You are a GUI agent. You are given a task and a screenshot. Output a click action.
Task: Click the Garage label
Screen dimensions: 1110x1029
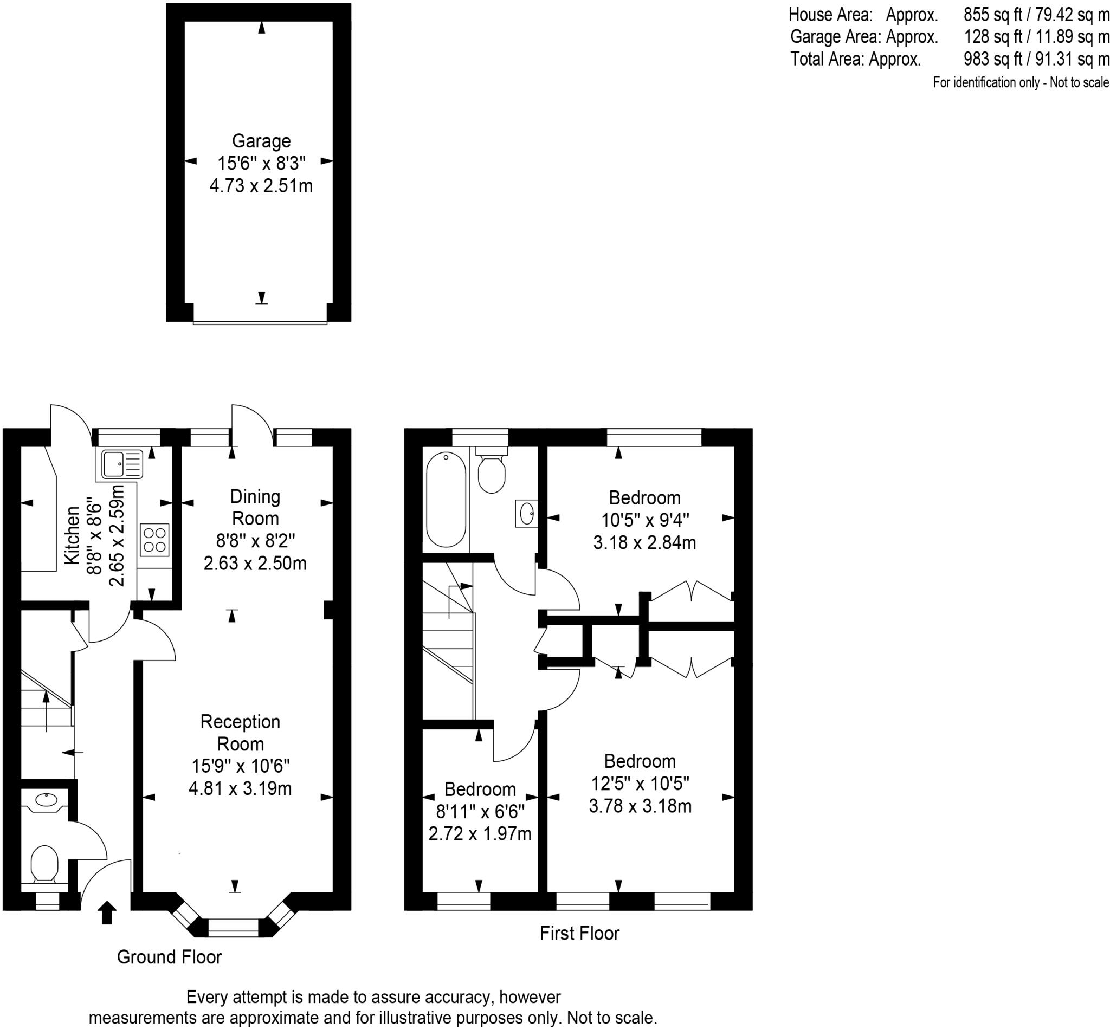(261, 141)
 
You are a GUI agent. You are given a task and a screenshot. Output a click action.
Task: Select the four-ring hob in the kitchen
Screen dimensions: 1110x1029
(154, 540)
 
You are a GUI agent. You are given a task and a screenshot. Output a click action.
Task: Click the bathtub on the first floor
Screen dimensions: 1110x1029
(446, 499)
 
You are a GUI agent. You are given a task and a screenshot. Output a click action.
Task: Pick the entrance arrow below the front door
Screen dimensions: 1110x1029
(107, 913)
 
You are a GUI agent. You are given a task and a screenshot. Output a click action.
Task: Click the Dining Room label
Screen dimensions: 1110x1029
(255, 507)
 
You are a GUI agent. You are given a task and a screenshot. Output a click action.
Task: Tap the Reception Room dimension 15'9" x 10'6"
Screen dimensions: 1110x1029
(241, 766)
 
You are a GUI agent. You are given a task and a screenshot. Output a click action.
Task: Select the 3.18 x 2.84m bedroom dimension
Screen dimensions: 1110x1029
(644, 542)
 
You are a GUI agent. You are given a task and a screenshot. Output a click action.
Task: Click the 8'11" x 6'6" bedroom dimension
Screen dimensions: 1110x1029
(480, 811)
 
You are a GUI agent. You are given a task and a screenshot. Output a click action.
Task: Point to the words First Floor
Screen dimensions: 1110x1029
(579, 933)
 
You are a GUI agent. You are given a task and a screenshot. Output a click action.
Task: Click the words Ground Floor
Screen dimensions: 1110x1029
(169, 956)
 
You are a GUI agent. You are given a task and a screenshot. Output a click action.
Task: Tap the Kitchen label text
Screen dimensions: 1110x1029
(73, 535)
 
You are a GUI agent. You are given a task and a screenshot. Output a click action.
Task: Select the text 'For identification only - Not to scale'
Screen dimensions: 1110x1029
(1021, 82)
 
